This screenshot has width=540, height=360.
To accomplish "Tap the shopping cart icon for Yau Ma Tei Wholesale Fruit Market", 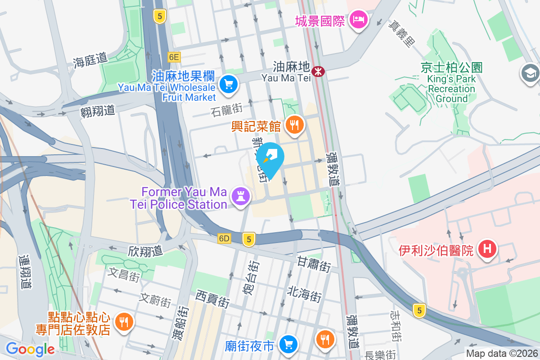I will pos(228,84).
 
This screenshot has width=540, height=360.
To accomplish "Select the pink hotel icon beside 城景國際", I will pos(360,19).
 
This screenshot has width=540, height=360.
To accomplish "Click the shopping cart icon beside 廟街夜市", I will pos(288,345).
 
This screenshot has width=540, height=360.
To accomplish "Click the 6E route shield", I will pos(174,57).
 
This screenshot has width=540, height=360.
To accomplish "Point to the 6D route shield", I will pos(224,238).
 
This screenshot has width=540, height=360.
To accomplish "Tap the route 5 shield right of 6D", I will pos(248,239).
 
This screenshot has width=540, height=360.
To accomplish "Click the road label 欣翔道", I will pos(145,251).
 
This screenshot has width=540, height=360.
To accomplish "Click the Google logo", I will pos(30,349).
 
